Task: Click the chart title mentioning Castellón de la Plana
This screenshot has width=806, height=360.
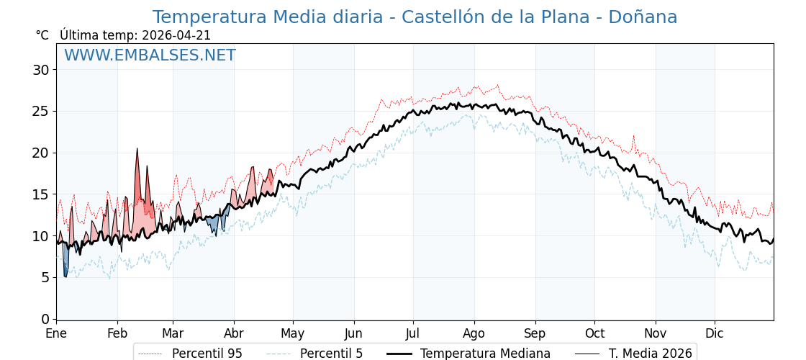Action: tap(415, 17)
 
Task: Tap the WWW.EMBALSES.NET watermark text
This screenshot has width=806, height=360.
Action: tap(150, 55)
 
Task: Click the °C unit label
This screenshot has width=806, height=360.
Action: tap(42, 35)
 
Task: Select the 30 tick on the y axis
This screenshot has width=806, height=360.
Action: tap(40, 70)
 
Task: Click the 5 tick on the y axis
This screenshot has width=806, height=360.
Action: tap(45, 277)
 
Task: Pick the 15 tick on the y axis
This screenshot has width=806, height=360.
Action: tap(40, 194)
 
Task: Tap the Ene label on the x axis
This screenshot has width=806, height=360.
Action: tap(56, 333)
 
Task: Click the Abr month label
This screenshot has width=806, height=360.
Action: tap(234, 333)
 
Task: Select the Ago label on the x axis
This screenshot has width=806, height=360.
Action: tap(474, 333)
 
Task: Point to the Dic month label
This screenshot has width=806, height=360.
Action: tap(714, 333)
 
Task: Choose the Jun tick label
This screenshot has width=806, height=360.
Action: tap(353, 333)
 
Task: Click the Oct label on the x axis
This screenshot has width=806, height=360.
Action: tap(594, 333)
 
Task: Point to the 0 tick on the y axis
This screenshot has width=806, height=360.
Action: tap(45, 319)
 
